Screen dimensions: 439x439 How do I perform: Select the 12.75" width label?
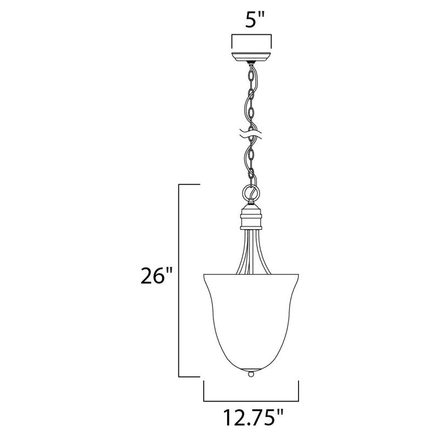coord(251,420)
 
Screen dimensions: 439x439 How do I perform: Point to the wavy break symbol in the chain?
coord(251,133)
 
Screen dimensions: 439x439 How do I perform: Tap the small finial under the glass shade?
coord(251,373)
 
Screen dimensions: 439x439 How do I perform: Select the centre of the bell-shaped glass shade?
coord(251,318)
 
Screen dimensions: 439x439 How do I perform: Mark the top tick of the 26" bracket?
coord(189,186)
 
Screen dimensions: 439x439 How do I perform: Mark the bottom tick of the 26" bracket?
coord(189,376)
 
